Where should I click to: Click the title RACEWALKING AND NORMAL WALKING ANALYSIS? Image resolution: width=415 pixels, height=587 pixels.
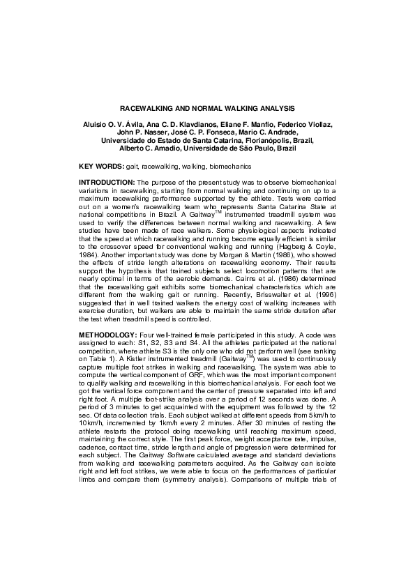click(x=207, y=109)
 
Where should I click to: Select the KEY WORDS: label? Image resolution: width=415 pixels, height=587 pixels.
click(x=101, y=167)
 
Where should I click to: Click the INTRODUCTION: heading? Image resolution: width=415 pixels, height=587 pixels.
click(x=107, y=183)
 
